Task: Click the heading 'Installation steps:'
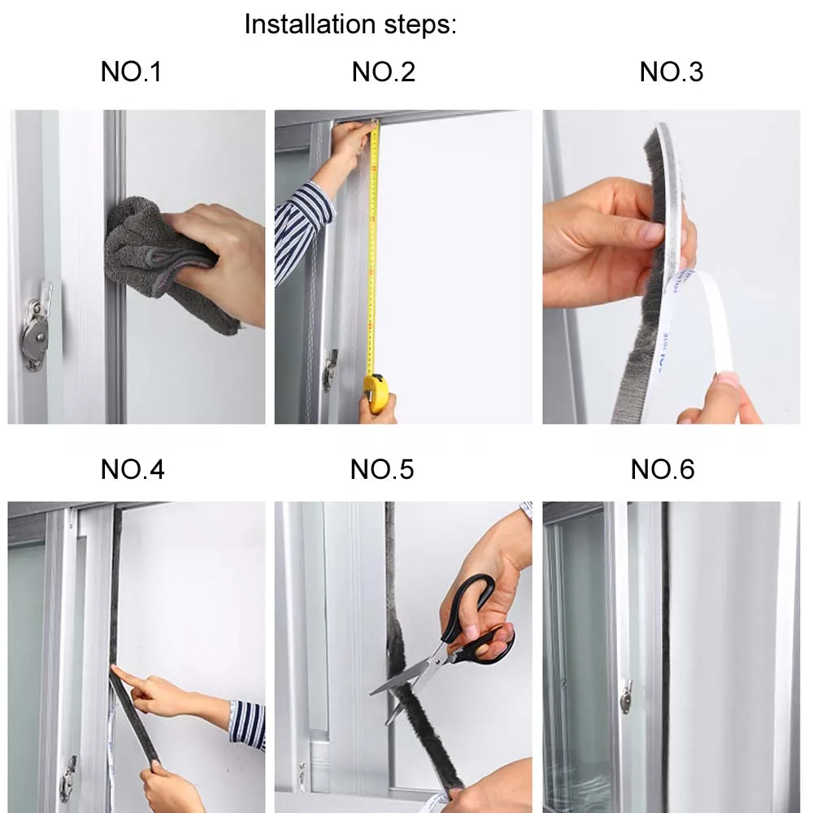[350, 24]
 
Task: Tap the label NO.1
[131, 72]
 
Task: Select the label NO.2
[384, 72]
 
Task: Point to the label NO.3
[672, 72]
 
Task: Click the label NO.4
[133, 469]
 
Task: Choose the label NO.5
[382, 469]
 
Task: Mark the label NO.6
[663, 469]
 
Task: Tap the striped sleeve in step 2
[301, 228]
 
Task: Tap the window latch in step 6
[626, 696]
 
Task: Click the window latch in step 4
[68, 778]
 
